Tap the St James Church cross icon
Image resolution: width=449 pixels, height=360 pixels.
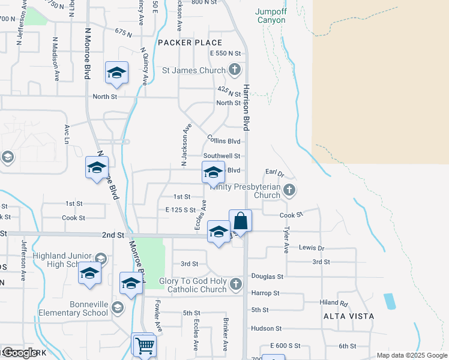[x=235, y=70]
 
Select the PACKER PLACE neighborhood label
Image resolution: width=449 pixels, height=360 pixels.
[x=190, y=43]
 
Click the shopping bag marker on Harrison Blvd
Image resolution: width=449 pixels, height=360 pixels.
[x=240, y=221]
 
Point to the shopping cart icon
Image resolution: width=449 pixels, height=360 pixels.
[x=143, y=346]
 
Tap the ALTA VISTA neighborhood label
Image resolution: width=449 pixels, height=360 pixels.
[x=348, y=316]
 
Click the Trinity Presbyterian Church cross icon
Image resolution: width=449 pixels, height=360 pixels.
[x=289, y=191]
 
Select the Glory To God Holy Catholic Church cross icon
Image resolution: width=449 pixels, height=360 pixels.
[x=235, y=284]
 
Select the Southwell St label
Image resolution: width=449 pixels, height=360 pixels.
[x=221, y=156]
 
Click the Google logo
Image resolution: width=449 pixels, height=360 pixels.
[x=20, y=353]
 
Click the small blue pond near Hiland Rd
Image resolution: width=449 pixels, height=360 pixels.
[x=389, y=301]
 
